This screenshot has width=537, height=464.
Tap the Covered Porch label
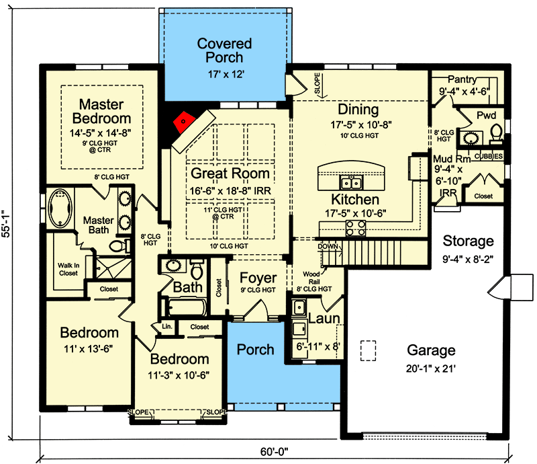pyautogui.click(x=224, y=50)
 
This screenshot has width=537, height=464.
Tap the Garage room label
pyautogui.click(x=430, y=350)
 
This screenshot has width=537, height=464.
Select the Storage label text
pyautogui.click(x=468, y=241)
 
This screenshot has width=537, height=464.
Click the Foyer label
pyautogui.click(x=258, y=278)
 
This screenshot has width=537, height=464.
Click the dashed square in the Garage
pyautogui.click(x=367, y=350)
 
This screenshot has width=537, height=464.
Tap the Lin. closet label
pyautogui.click(x=166, y=327)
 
